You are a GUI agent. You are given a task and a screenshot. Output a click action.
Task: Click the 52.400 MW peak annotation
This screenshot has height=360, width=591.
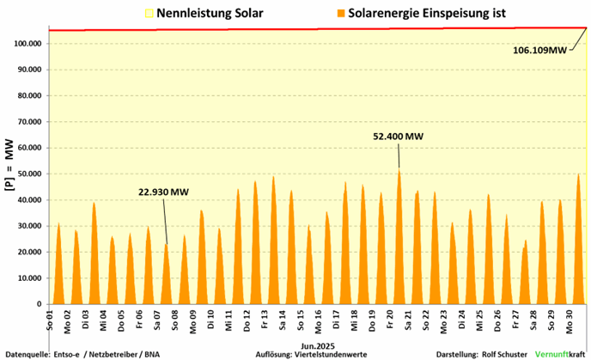398,136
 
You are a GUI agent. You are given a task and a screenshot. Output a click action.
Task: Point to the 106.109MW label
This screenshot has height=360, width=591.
541,50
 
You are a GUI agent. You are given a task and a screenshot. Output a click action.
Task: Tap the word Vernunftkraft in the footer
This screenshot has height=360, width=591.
561,354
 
